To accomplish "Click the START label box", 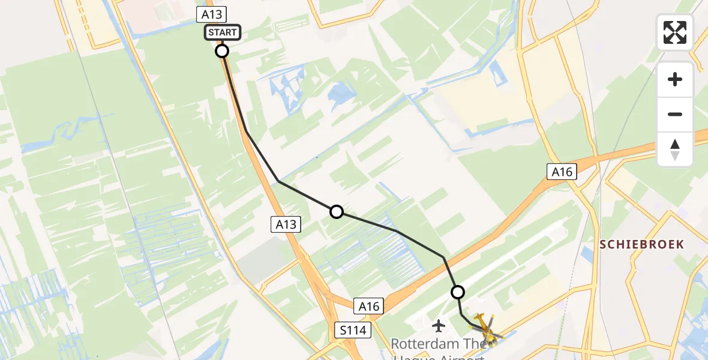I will tap(223, 32).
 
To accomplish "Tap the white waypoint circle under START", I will tap(222, 51).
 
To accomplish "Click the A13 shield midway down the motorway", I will tap(286, 224).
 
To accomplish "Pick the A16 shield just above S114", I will tap(369, 307).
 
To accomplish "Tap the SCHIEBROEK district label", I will tap(641, 244).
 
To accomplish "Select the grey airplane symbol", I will tap(439, 326).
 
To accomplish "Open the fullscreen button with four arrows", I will tap(675, 32).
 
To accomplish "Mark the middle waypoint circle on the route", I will tap(337, 212).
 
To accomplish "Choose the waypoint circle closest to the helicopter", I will tap(458, 292).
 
